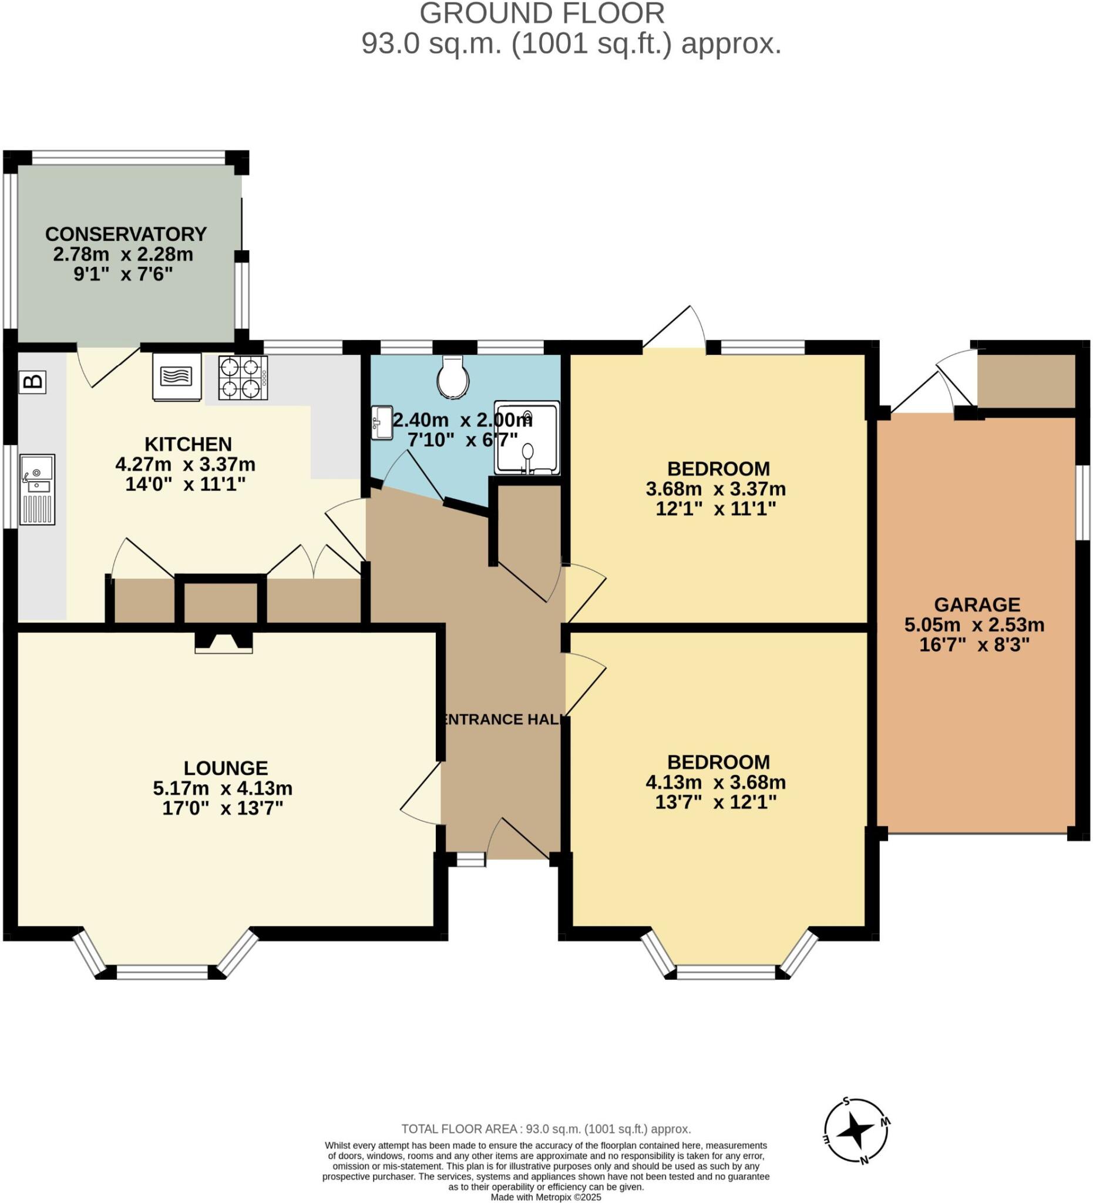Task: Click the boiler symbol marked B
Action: point(33,381)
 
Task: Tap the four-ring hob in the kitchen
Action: point(243,377)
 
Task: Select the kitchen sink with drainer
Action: point(37,489)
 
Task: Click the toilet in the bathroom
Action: point(452,376)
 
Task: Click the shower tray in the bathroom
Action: point(527,438)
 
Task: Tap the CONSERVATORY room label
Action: point(126,234)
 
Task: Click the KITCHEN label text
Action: point(188,444)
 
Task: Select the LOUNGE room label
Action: point(226,767)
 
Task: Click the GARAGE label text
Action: point(977,604)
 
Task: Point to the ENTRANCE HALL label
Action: point(503,719)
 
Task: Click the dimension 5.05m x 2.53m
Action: point(974,625)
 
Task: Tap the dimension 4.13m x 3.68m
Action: point(715,782)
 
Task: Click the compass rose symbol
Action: point(857,1131)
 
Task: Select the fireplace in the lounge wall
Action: point(224,641)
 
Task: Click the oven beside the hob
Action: point(177,376)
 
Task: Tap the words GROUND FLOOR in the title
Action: point(542,13)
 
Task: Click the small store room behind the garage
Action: point(1025,381)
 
